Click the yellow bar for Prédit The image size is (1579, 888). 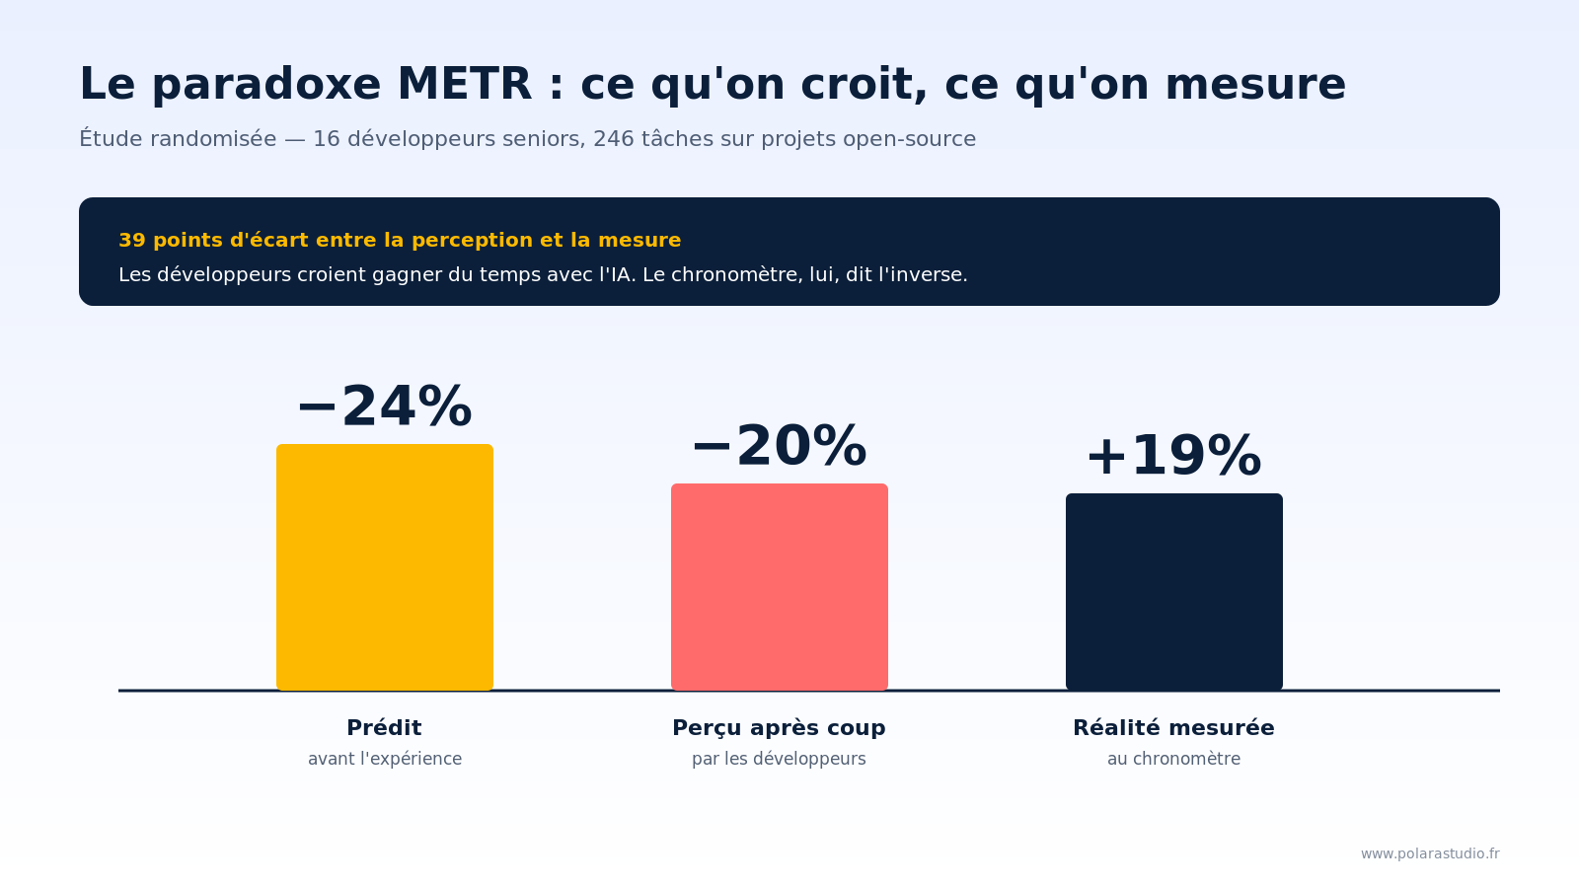click(x=385, y=567)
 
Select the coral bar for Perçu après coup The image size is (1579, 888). click(x=780, y=587)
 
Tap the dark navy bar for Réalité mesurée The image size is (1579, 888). click(x=1174, y=592)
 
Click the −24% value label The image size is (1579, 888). click(x=385, y=407)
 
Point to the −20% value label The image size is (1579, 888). click(x=780, y=447)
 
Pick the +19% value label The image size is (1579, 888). click(x=1174, y=457)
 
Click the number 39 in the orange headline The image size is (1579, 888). click(x=131, y=241)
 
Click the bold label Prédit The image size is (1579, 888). click(x=384, y=728)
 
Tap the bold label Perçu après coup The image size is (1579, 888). click(x=779, y=728)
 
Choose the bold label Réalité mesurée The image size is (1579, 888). click(x=1173, y=728)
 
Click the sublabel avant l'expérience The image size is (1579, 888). click(x=385, y=759)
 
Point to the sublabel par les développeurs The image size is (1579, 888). click(x=779, y=759)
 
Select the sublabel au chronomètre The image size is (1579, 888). click(x=1173, y=759)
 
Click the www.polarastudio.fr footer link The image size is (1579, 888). click(x=1430, y=853)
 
